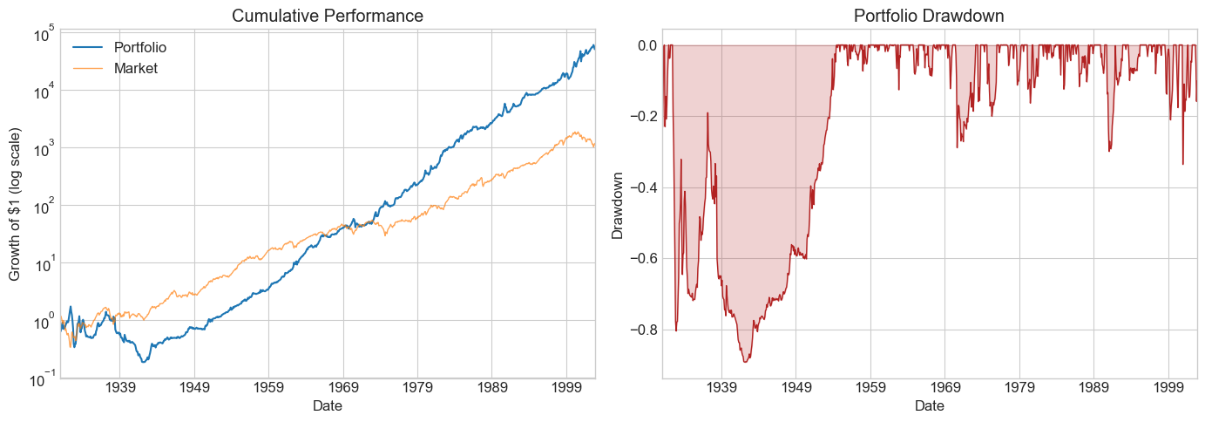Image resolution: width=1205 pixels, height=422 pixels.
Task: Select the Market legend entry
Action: (136, 68)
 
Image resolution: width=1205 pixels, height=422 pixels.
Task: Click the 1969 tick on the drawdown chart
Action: (945, 388)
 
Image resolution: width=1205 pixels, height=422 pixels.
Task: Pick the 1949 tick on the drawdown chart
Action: (796, 388)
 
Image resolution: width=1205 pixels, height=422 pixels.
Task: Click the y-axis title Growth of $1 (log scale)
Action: (16, 204)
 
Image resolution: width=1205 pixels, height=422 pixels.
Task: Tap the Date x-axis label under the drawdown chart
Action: (930, 406)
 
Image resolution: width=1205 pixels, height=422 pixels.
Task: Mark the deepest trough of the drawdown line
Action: (746, 361)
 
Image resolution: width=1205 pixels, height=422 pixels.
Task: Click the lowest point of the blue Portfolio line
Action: (144, 361)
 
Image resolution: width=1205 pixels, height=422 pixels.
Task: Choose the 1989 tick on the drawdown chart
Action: (1094, 388)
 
